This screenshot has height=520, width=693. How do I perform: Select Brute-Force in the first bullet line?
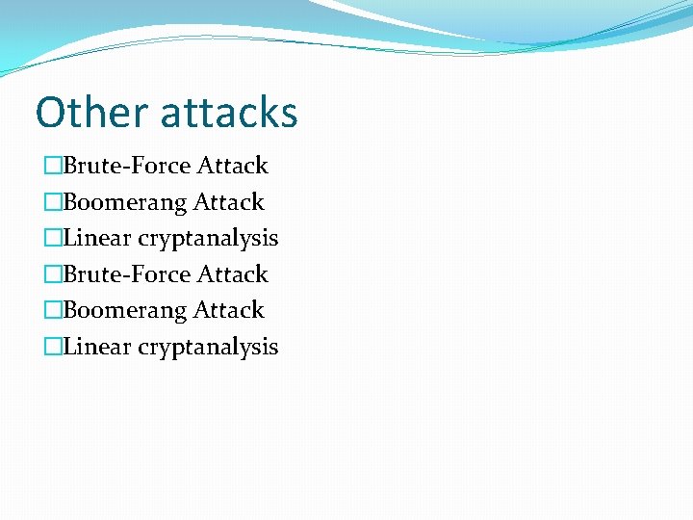click(x=127, y=166)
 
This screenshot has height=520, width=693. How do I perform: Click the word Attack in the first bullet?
click(x=232, y=166)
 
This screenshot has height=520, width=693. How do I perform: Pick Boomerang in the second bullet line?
click(x=125, y=202)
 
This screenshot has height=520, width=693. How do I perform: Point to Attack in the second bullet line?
click(x=228, y=202)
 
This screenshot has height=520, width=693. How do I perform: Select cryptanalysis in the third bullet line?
click(x=208, y=239)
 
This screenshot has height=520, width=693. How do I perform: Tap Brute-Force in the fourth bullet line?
click(x=127, y=274)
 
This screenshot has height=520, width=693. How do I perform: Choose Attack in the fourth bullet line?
click(x=232, y=274)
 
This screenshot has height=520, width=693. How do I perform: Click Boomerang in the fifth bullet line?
click(x=125, y=310)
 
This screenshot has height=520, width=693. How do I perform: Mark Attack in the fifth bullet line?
click(x=228, y=310)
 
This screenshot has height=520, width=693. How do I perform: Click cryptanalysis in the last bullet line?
click(x=208, y=348)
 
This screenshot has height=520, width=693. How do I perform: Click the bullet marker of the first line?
click(x=53, y=167)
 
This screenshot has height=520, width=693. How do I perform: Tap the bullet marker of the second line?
click(x=53, y=202)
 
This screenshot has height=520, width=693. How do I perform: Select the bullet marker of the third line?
click(x=53, y=239)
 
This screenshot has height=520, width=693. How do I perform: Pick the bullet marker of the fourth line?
click(x=53, y=274)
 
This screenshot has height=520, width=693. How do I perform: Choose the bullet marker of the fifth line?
click(x=53, y=311)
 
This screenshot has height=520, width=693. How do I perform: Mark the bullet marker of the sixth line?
click(x=53, y=347)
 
